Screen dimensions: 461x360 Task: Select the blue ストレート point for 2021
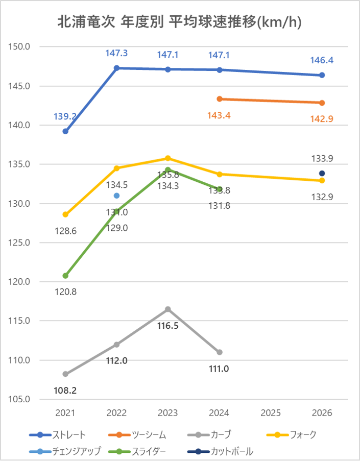(x=65, y=131)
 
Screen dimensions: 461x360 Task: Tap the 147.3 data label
(x=116, y=53)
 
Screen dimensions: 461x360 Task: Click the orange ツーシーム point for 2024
(x=220, y=99)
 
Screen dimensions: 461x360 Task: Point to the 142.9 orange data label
(x=322, y=118)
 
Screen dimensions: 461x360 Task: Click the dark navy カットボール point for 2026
(x=322, y=173)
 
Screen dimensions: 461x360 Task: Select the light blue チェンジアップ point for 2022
(x=116, y=196)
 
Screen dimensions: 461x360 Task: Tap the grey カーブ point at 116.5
(x=167, y=309)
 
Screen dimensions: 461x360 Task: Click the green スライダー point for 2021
(x=65, y=276)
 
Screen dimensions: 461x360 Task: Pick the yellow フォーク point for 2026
(x=322, y=180)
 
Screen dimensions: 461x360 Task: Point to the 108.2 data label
(x=65, y=391)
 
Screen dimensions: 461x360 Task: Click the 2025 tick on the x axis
(x=271, y=413)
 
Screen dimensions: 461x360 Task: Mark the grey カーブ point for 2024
(x=220, y=352)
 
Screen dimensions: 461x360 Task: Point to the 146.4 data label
(x=322, y=60)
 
